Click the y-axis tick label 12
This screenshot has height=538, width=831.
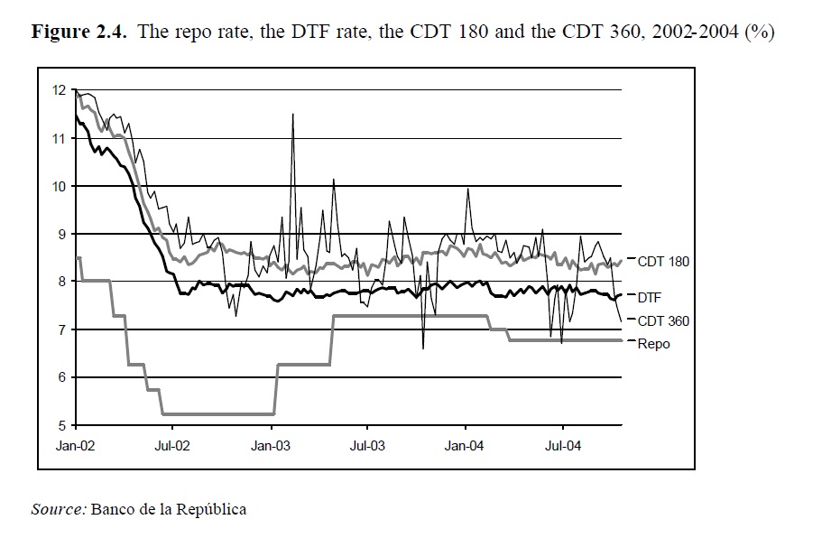pos(59,90)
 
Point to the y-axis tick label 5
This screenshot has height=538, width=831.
pos(61,425)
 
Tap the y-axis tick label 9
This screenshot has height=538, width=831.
pos(61,234)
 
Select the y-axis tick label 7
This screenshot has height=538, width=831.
pos(61,329)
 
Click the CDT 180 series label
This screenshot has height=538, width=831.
pos(663,262)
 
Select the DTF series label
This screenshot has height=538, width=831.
pos(650,296)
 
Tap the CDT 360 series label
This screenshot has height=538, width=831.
pos(663,320)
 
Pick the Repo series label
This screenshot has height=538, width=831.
pos(653,343)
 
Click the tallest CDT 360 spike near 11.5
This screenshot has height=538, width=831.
pos(292,115)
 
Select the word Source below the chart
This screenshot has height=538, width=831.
pos(58,509)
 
